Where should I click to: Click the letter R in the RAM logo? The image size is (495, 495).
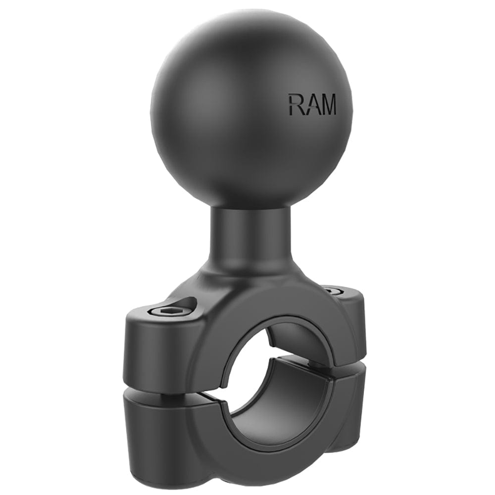(296, 105)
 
